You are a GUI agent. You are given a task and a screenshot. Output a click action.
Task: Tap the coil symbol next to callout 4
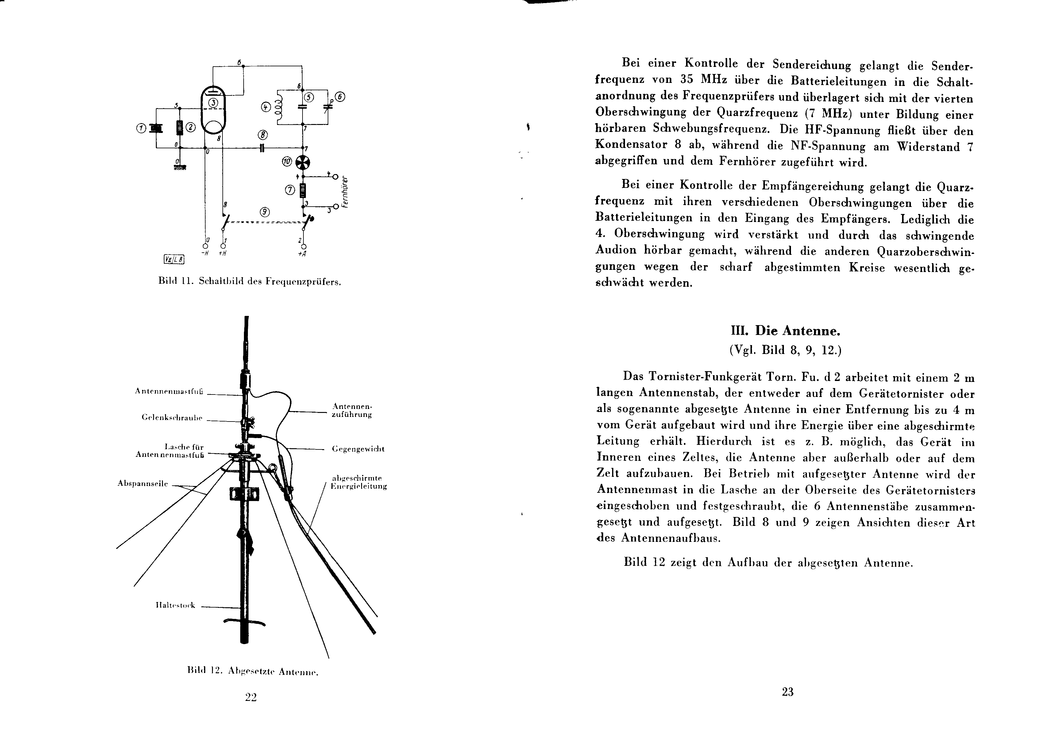(x=279, y=107)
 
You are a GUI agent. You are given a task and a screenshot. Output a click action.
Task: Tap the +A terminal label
(x=303, y=254)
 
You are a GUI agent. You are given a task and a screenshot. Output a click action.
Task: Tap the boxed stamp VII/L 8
(x=174, y=259)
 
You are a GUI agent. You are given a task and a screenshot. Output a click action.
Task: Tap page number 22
(x=251, y=697)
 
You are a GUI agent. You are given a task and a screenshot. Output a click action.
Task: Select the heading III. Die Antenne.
(x=785, y=331)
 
